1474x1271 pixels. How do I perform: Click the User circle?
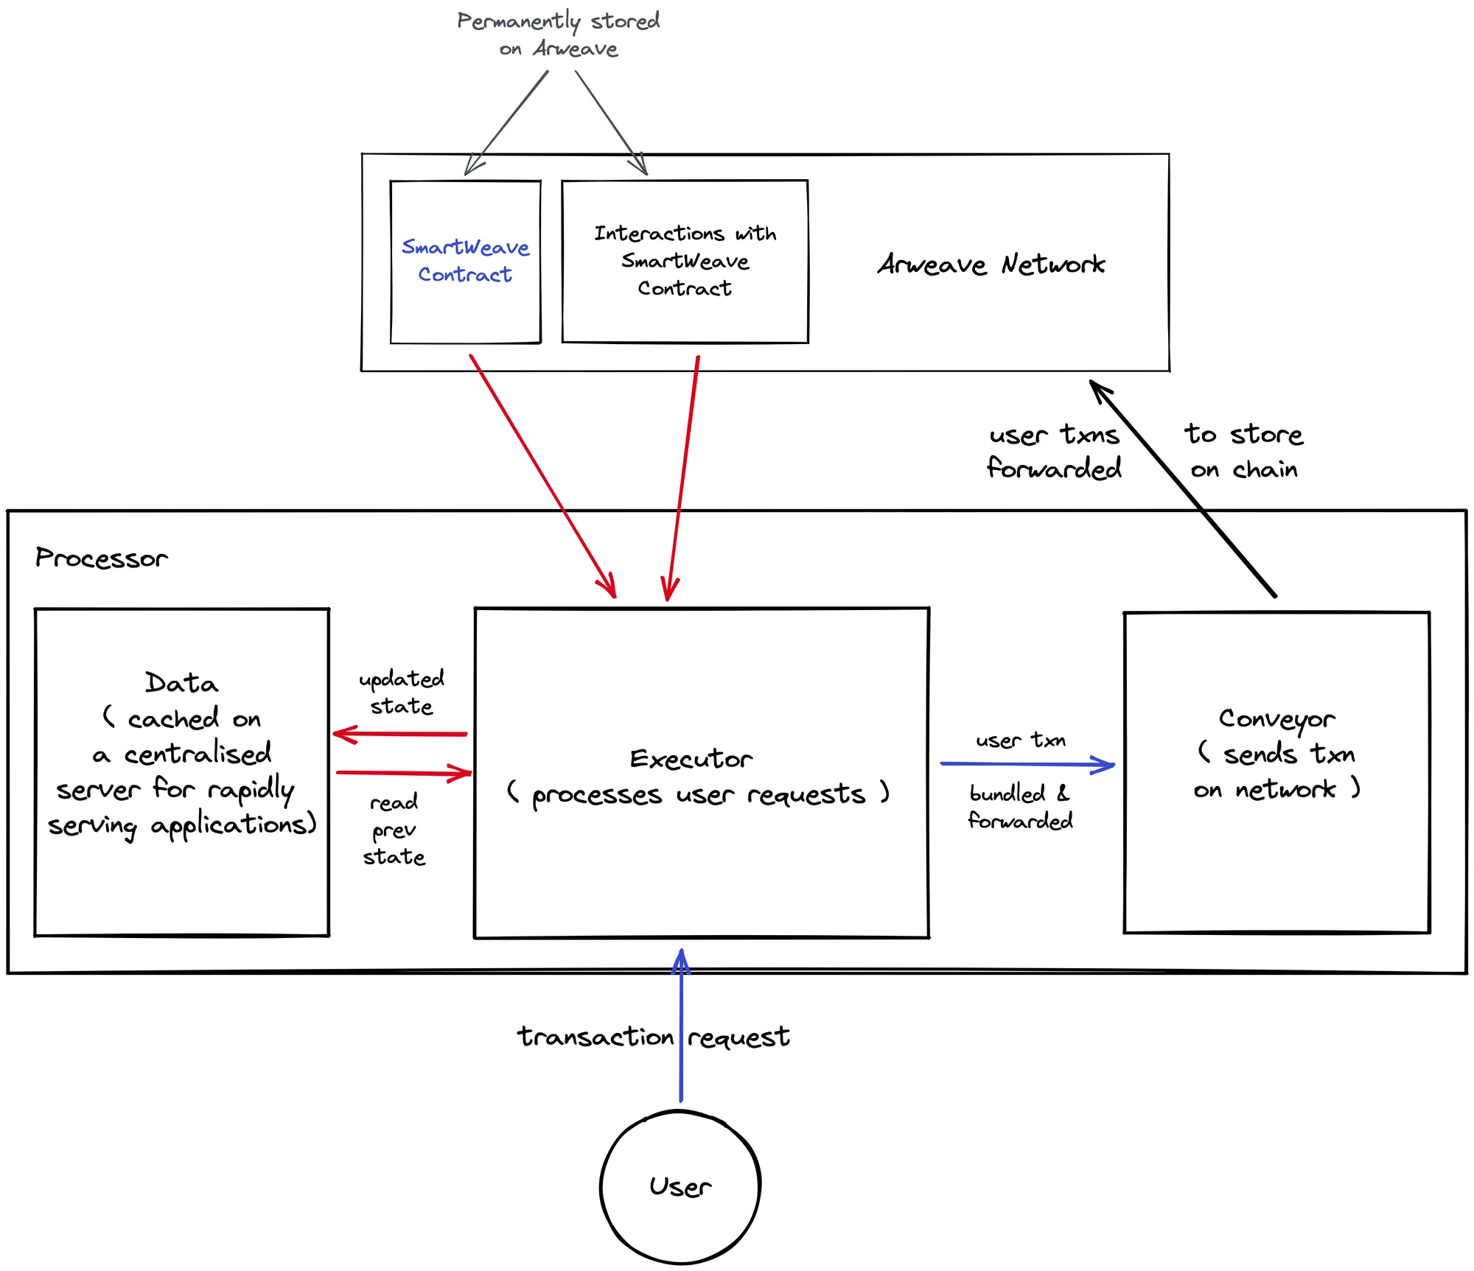680,1187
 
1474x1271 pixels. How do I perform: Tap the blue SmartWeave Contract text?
465,261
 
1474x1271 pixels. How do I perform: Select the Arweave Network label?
991,265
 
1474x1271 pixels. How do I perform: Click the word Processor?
102,559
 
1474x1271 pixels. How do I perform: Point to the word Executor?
691,759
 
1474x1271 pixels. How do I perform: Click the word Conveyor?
1276,719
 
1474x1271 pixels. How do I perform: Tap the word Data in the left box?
181,683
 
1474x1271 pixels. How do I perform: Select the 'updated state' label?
401,693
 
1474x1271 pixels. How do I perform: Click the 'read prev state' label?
394,829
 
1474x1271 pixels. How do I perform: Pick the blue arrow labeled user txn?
1027,765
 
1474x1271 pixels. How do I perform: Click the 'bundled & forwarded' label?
1020,808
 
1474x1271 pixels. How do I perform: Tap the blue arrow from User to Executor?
681,1032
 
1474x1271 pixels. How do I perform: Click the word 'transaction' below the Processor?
595,1037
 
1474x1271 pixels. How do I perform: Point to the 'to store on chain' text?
1244,451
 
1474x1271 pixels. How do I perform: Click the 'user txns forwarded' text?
1054,451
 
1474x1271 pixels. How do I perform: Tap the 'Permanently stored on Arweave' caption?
558,34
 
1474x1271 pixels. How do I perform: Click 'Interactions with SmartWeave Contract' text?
685,261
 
